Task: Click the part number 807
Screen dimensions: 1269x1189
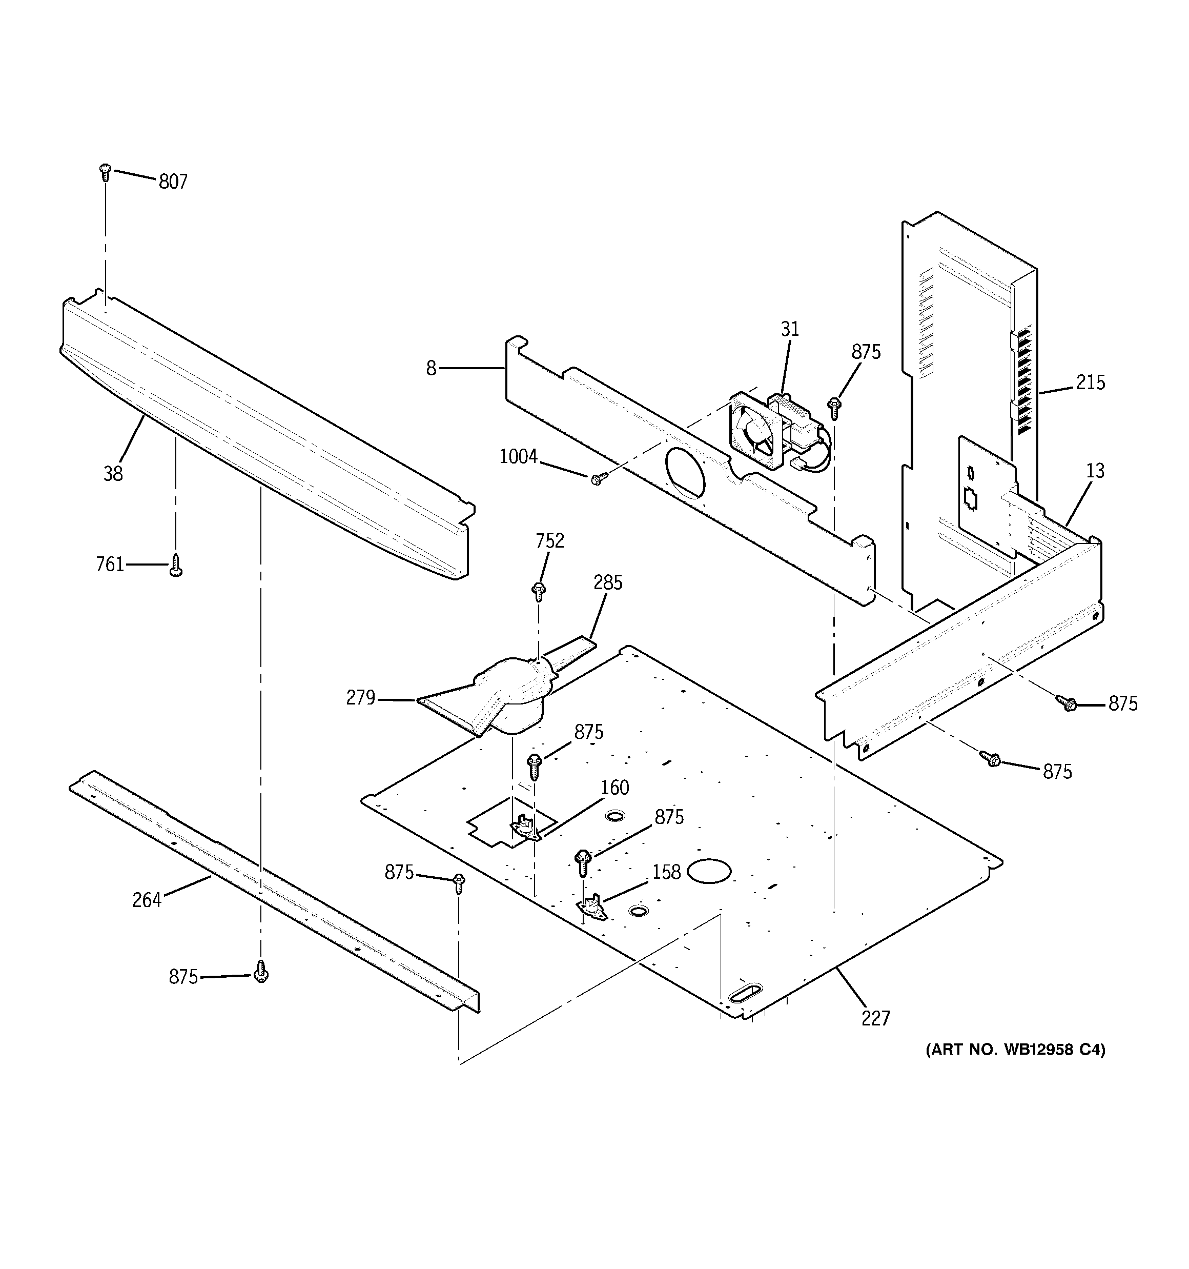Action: point(173,182)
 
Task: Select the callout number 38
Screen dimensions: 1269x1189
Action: point(113,474)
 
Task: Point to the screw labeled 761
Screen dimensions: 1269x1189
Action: point(176,566)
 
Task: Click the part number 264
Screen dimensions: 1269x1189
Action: point(147,900)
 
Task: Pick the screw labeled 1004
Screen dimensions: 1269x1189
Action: point(598,479)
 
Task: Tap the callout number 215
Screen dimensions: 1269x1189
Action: point(1091,382)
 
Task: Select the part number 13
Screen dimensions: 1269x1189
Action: point(1095,471)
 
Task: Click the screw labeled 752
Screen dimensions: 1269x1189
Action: point(539,591)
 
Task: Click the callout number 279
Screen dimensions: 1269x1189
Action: point(361,698)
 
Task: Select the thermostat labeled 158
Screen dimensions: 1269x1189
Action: point(592,907)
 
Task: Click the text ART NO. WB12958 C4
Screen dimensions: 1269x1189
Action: point(1015,1050)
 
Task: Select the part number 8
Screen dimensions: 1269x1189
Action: point(432,368)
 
